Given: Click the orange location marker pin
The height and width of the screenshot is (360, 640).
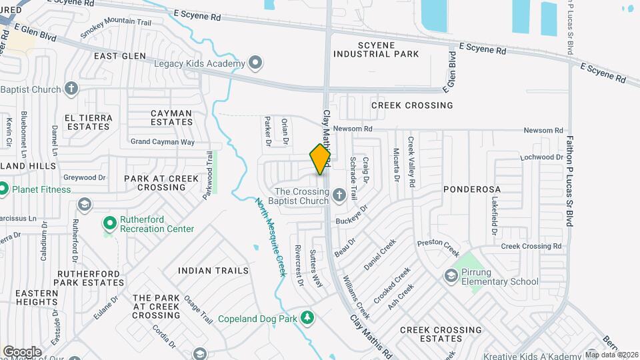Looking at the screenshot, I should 320,159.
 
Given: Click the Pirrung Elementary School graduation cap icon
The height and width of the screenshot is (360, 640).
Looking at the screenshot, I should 451,275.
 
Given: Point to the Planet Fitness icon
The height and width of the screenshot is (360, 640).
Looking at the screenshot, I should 3,189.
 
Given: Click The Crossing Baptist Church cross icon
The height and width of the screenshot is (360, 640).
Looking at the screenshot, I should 339,195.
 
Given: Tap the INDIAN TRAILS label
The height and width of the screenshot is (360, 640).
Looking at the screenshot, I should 213,271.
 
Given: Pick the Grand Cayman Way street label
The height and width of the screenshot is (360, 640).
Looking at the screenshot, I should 163,142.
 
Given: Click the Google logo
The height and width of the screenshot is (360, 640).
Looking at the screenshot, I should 21,351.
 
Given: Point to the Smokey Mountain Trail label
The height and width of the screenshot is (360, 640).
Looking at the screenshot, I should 116,27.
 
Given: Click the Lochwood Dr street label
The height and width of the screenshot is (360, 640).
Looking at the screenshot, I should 542,157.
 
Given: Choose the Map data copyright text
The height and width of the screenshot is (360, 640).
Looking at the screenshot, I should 611,355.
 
